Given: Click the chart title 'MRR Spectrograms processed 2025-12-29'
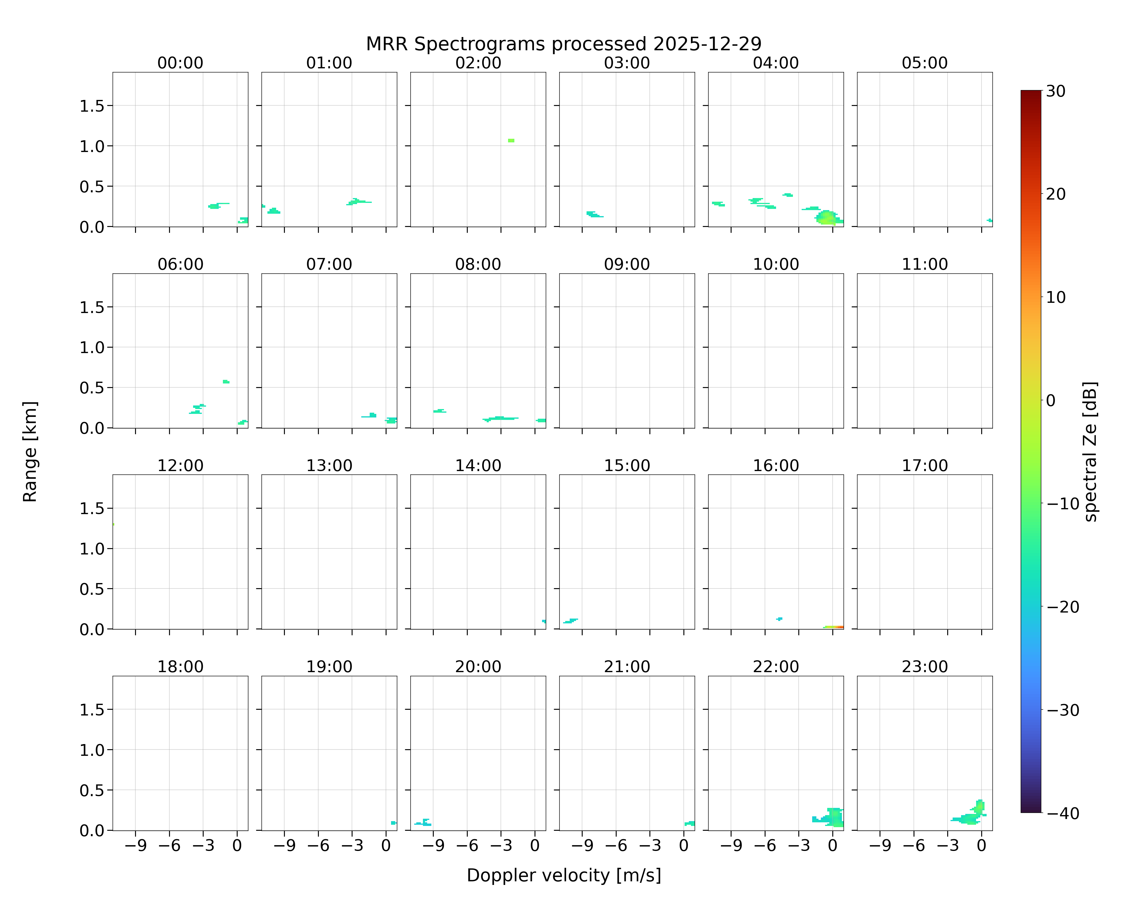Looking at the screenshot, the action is point(563,44).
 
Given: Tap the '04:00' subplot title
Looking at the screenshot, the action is point(776,63).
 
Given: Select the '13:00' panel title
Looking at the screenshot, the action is point(329,465).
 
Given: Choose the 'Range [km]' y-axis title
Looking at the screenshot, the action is point(30,451).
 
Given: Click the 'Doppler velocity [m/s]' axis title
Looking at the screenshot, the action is point(563,875).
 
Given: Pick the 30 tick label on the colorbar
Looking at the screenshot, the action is point(1056,91).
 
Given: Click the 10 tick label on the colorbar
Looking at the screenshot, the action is point(1056,297).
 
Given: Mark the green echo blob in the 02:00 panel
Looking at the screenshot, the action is point(511,140).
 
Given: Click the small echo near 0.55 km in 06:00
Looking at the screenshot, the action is point(226,382).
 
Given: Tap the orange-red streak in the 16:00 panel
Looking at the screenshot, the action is point(834,627).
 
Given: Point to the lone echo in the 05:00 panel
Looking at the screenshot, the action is point(989,220).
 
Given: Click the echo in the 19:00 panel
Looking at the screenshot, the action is point(393,823).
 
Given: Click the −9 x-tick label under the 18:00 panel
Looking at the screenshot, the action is point(135,846).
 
